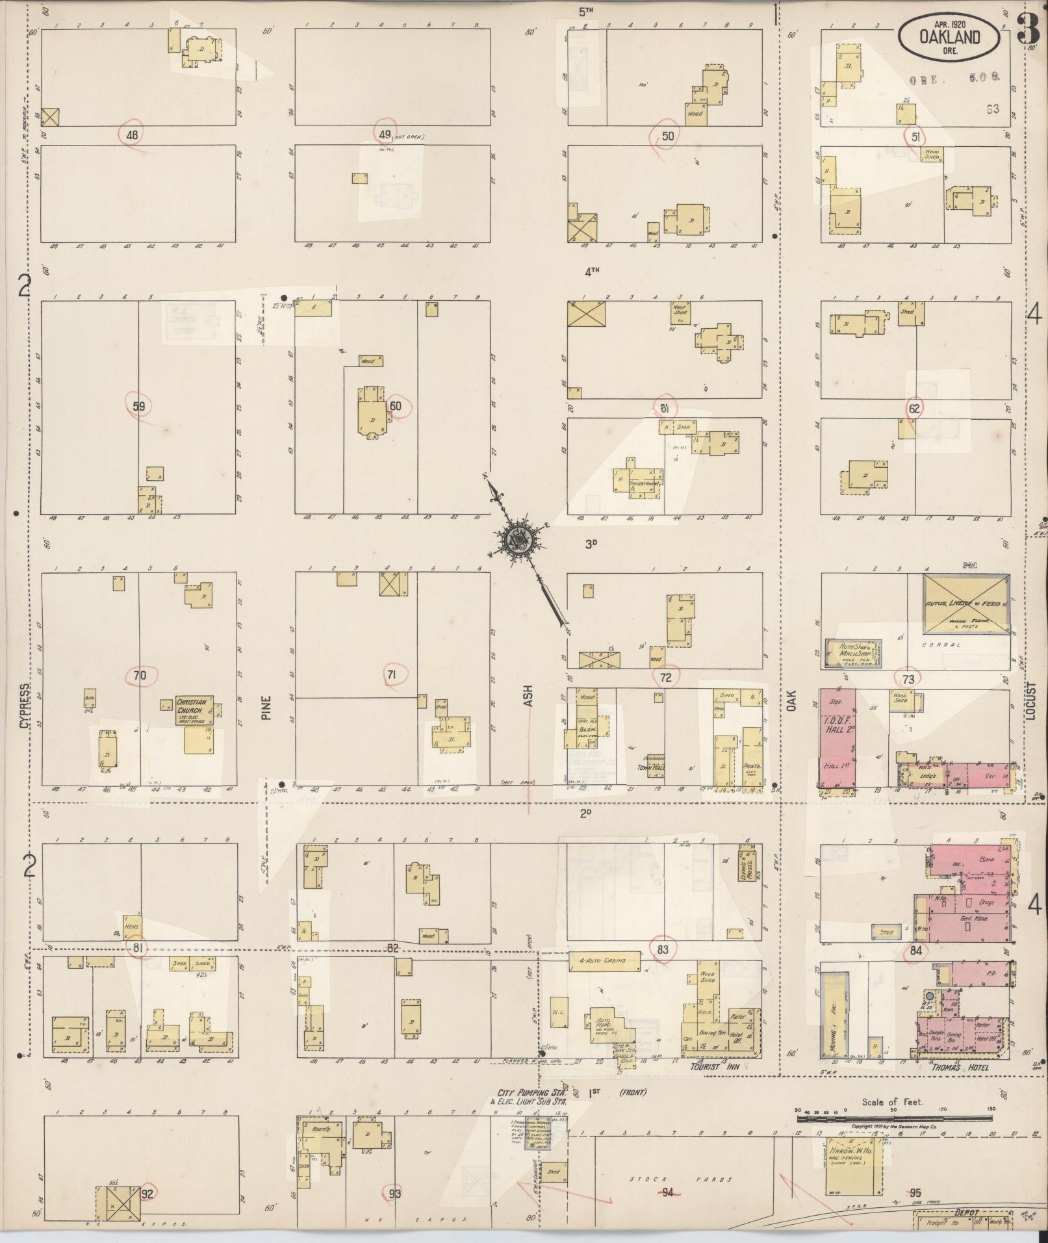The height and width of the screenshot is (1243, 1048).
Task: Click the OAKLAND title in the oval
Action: tap(949, 38)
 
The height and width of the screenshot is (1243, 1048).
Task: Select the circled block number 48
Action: tap(132, 135)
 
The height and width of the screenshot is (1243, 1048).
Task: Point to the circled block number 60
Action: tap(396, 407)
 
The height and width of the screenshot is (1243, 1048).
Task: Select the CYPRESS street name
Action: tap(25, 705)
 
